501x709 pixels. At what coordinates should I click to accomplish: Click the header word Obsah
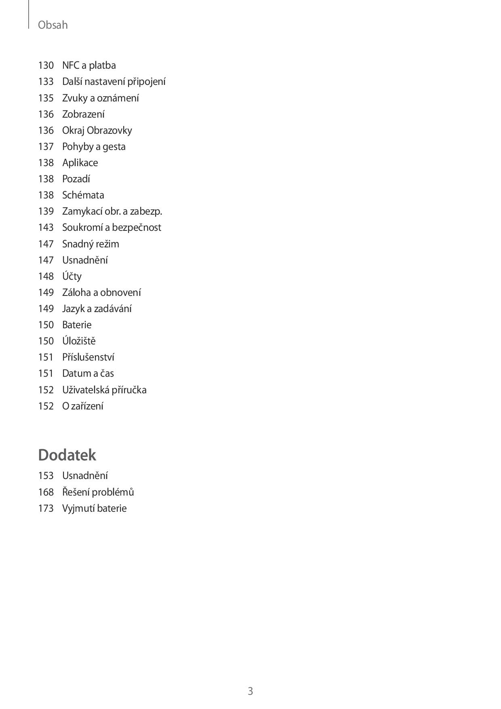53,25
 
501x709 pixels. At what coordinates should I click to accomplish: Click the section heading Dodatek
67,455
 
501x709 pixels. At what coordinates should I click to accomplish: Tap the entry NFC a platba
89,65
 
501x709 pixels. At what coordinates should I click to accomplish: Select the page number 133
46,82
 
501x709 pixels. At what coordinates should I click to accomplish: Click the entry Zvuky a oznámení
100,98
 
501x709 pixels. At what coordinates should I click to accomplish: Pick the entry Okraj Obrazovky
97,130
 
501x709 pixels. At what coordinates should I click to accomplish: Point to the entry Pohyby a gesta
94,146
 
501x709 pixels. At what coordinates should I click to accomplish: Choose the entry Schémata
83,195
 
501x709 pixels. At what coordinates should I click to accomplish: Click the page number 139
46,211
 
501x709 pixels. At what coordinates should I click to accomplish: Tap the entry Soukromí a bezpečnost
112,227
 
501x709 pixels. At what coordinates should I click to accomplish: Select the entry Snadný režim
91,244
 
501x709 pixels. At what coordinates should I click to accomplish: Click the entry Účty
72,276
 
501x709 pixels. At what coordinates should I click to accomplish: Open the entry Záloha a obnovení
101,292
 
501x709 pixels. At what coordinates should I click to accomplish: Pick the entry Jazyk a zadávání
97,308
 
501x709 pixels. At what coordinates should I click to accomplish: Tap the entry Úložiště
79,341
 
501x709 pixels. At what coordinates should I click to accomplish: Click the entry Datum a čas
88,373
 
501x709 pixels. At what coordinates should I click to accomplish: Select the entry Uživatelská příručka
104,390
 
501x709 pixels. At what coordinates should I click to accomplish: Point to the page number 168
46,492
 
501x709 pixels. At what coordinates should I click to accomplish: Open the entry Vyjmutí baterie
94,508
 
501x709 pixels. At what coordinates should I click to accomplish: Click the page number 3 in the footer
250,691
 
